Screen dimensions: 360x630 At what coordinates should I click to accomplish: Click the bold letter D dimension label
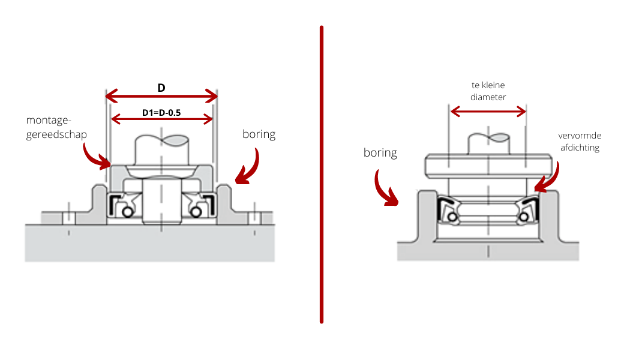pyautogui.click(x=161, y=88)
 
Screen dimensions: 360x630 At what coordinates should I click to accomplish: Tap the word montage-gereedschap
pyautogui.click(x=57, y=127)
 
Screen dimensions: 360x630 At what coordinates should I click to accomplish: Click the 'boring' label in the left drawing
pyautogui.click(x=259, y=134)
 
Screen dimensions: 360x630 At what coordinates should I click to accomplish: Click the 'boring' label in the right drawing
pyautogui.click(x=380, y=152)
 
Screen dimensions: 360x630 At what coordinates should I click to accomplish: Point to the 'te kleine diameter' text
pyautogui.click(x=488, y=91)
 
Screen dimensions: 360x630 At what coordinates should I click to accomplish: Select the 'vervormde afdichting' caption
pyautogui.click(x=579, y=142)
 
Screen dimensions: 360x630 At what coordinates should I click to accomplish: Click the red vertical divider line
pyautogui.click(x=322, y=174)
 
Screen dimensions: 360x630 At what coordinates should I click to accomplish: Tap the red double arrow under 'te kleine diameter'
pyautogui.click(x=488, y=111)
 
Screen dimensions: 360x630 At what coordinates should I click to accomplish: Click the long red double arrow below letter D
pyautogui.click(x=161, y=96)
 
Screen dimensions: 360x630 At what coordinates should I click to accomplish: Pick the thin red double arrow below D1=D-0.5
pyautogui.click(x=162, y=119)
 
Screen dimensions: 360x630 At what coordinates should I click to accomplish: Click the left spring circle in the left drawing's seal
pyautogui.click(x=127, y=212)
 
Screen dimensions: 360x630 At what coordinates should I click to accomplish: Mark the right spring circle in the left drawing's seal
pyautogui.click(x=195, y=212)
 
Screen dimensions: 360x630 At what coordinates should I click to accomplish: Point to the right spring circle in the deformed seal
pyautogui.click(x=526, y=216)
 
